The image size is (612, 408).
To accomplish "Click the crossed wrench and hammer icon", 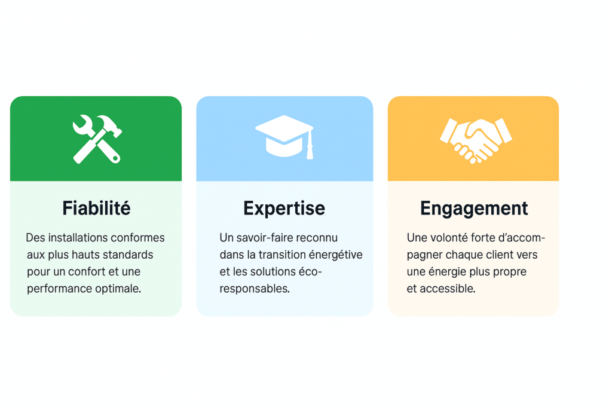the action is click(97, 139).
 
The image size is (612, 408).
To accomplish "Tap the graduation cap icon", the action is click(284, 137).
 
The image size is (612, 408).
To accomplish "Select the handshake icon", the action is click(476, 140).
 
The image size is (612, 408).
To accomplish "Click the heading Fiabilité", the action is click(96, 208).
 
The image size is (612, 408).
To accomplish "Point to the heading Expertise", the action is click(284, 208).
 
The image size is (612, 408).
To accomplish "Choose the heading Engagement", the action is click(474, 208).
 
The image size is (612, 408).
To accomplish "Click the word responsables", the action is click(255, 289).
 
